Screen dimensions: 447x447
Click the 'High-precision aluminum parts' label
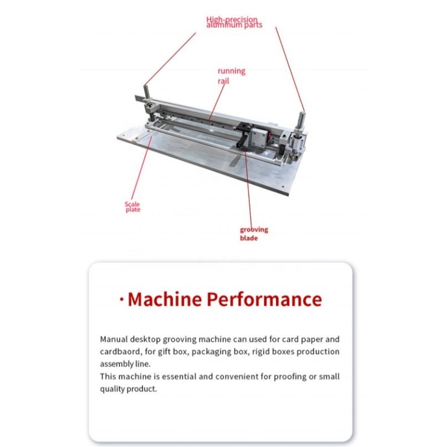[234, 22]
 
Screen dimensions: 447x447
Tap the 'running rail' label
[231, 76]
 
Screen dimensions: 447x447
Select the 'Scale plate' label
[132, 207]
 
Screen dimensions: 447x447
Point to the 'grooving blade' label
[254, 234]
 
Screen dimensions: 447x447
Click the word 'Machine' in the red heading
[165, 299]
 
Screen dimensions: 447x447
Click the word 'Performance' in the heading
[264, 299]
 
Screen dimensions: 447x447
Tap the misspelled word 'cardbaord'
[121, 352]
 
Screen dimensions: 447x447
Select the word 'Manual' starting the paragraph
[114, 339]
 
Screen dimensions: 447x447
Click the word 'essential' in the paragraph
[179, 377]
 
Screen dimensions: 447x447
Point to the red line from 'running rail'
[216, 102]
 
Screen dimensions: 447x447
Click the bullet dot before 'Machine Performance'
[122, 299]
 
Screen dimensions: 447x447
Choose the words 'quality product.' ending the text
[129, 389]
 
